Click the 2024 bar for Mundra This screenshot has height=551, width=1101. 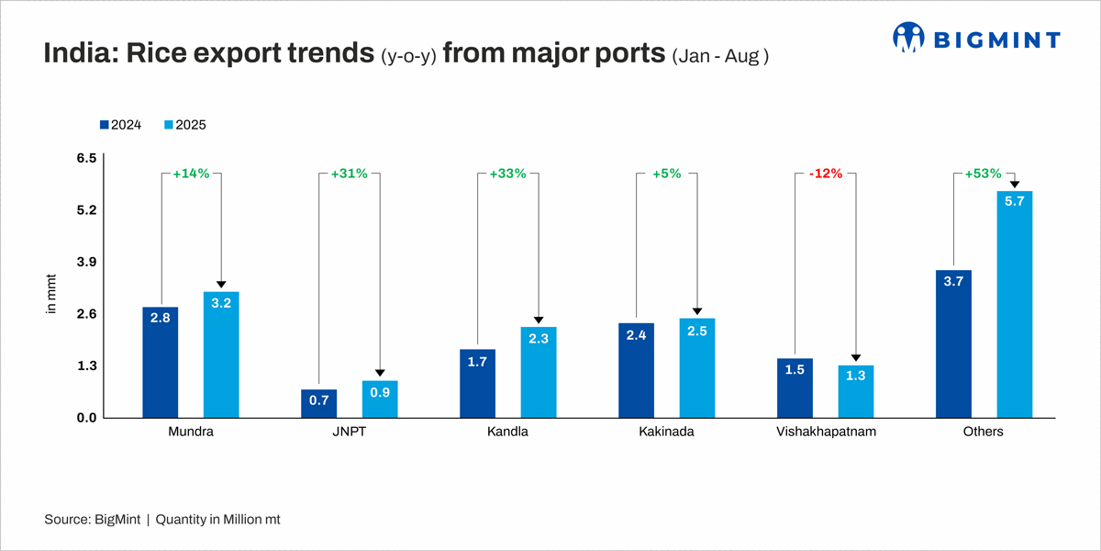161,363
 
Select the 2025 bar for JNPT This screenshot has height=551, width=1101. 379,399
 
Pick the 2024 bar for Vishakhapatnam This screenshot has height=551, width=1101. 795,388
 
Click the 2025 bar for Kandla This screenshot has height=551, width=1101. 539,372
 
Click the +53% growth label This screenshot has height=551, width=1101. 984,174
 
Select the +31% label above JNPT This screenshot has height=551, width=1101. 349,174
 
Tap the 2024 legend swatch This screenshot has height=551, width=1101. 105,125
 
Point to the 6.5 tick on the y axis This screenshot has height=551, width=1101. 86,159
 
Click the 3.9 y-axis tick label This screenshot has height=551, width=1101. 86,263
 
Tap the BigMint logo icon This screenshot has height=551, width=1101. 909,38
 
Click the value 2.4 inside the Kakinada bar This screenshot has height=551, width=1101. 636,336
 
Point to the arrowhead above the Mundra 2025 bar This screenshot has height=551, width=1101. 221,286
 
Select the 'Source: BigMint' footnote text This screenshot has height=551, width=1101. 92,520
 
